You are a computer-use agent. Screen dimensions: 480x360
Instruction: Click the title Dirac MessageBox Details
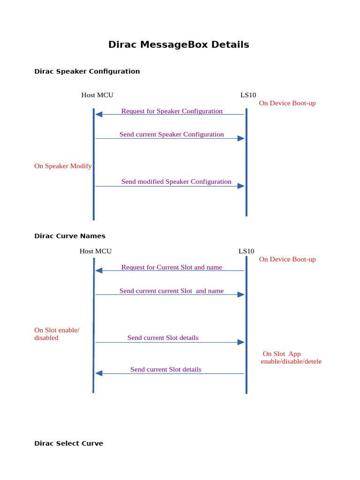[179, 45]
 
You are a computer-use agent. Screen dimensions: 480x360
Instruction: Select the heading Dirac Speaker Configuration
[87, 72]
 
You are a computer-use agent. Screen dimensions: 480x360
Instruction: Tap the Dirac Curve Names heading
[69, 236]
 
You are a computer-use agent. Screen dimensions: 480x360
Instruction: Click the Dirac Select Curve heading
[68, 443]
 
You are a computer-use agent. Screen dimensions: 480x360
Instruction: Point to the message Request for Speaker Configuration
[172, 111]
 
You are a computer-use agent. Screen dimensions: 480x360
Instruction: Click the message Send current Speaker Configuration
[172, 135]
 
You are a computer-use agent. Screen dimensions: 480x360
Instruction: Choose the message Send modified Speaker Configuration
[176, 182]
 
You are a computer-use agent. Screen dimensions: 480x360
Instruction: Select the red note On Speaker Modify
[63, 166]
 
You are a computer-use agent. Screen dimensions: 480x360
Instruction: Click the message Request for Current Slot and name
[172, 267]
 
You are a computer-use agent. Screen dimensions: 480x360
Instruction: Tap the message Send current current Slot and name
[172, 291]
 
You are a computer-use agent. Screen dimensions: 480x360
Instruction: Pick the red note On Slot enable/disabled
[57, 334]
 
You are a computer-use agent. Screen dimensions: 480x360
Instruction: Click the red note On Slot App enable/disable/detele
[291, 358]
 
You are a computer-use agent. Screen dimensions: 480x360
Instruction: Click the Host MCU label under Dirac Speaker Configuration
[97, 95]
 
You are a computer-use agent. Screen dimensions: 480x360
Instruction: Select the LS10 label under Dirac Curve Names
[246, 251]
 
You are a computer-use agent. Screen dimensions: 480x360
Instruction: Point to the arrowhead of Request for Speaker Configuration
[99, 114]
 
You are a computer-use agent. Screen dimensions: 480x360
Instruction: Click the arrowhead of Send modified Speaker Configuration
[241, 186]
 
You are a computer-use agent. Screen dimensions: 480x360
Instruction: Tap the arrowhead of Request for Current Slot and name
[99, 270]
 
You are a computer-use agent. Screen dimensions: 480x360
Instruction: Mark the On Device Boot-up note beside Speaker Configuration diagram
[287, 103]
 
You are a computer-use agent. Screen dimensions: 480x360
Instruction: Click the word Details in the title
[230, 45]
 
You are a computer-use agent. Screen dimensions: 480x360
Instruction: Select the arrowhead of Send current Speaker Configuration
[241, 138]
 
